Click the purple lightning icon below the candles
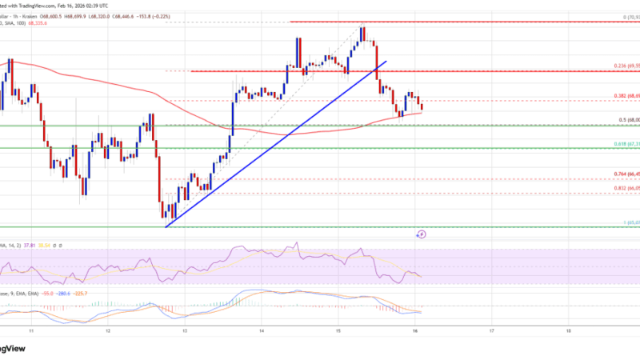(x=422, y=234)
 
